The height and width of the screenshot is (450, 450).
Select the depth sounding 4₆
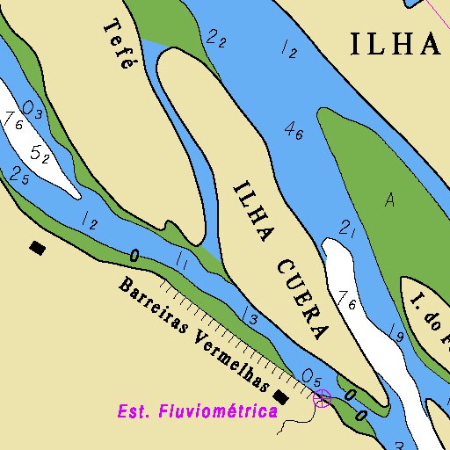click(x=294, y=132)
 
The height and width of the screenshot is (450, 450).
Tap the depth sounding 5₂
click(x=40, y=155)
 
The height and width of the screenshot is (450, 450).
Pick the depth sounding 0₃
click(x=33, y=110)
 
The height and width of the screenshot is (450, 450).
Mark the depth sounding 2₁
click(x=346, y=229)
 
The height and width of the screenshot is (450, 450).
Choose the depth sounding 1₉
click(x=396, y=333)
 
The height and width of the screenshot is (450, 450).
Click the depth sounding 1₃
click(x=250, y=317)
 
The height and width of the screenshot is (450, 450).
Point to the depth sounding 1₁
click(x=183, y=259)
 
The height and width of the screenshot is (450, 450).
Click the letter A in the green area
click(x=389, y=200)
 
